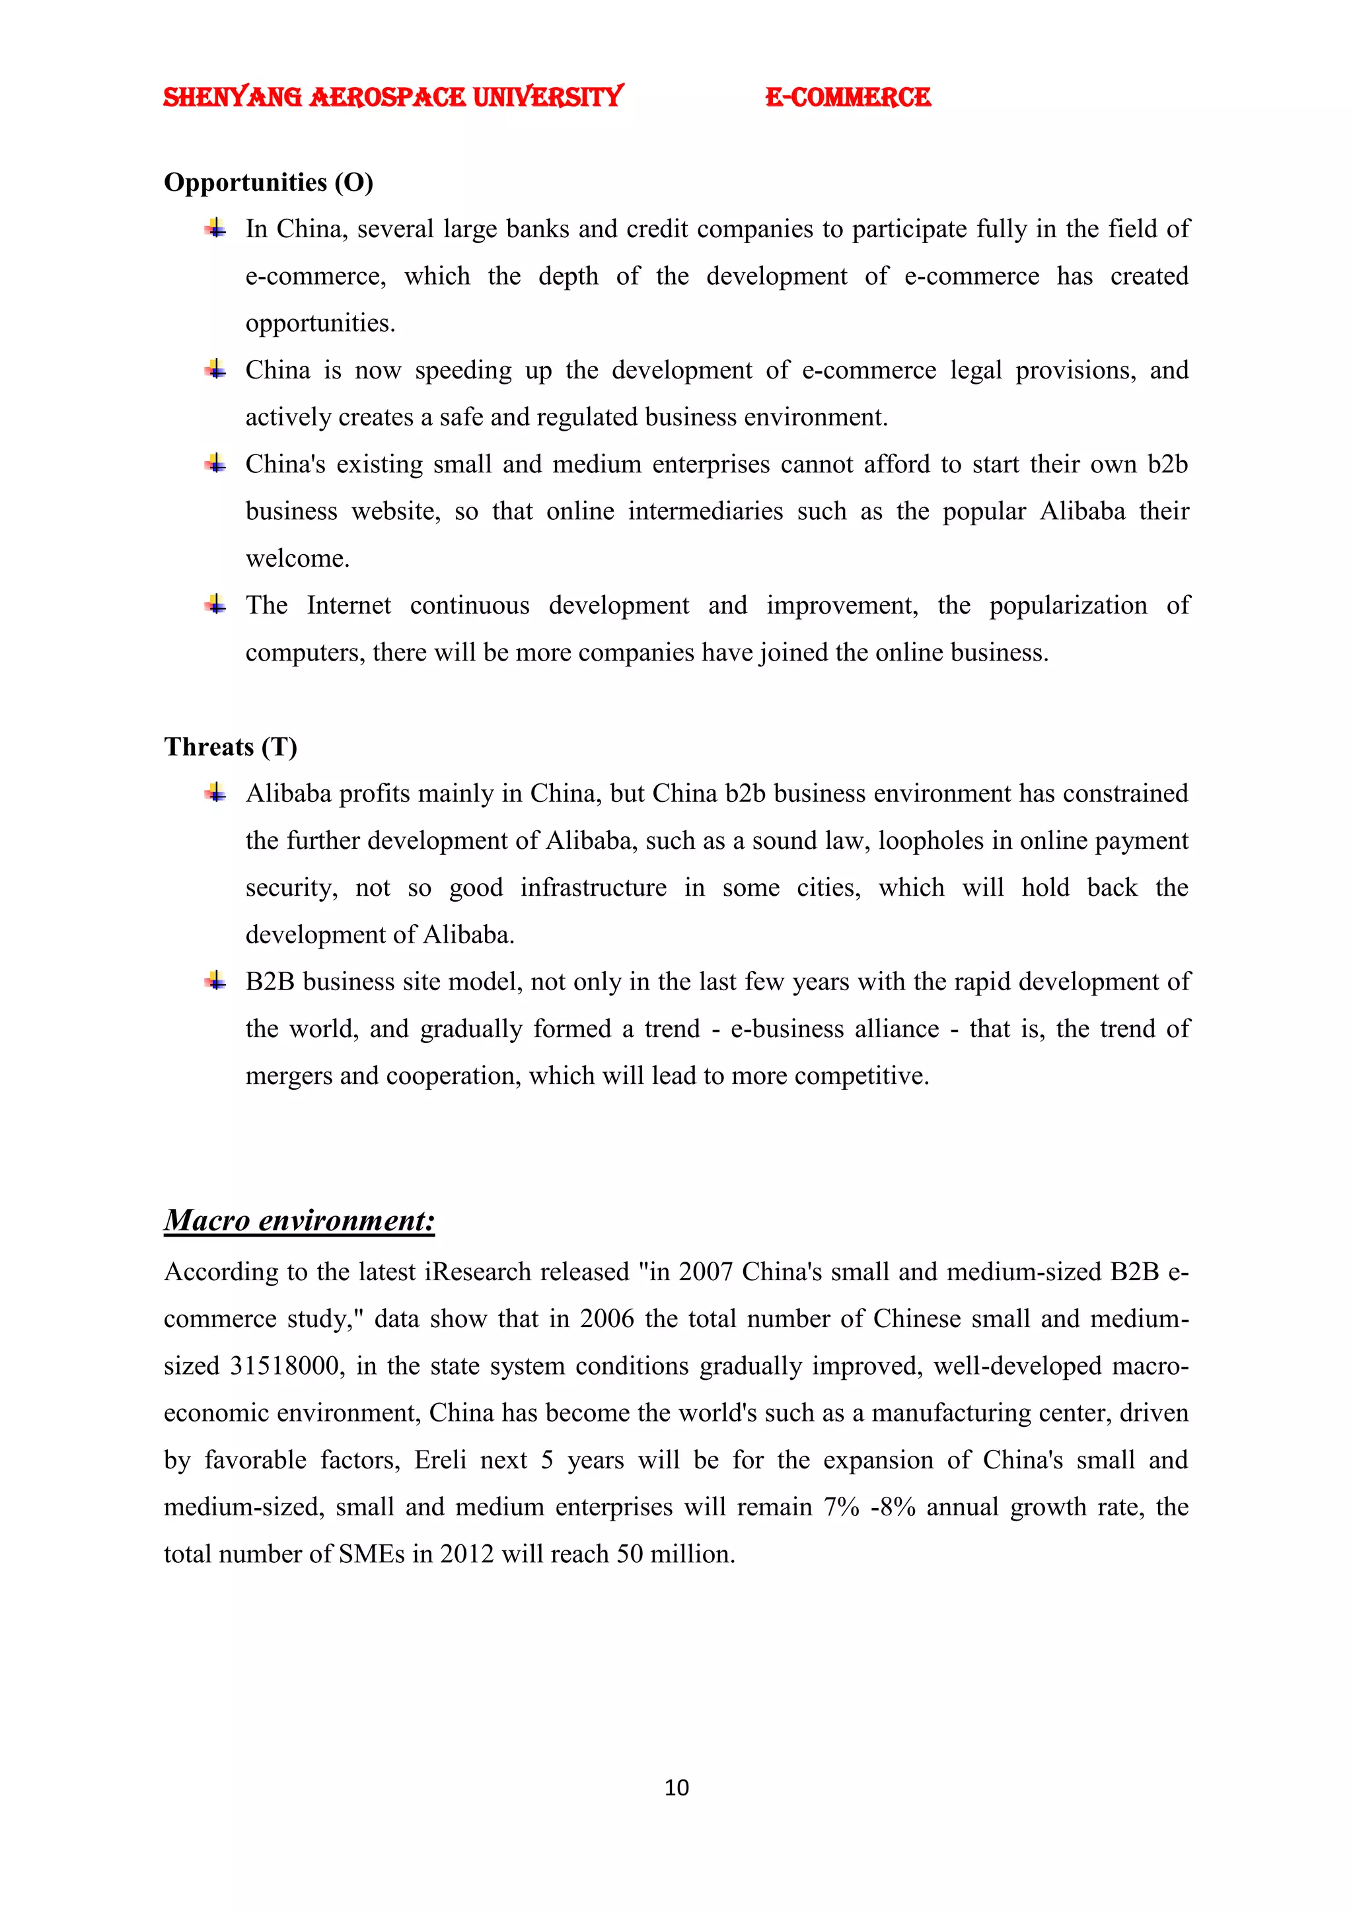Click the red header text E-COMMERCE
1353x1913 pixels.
[848, 98]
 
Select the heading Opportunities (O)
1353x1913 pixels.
[268, 182]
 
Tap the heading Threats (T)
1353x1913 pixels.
[230, 746]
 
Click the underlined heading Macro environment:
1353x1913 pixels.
[299, 1221]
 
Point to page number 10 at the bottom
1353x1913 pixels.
[676, 1787]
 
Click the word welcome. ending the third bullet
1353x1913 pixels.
[297, 558]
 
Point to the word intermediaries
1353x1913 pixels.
[705, 511]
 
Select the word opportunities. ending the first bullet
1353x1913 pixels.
[320, 323]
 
